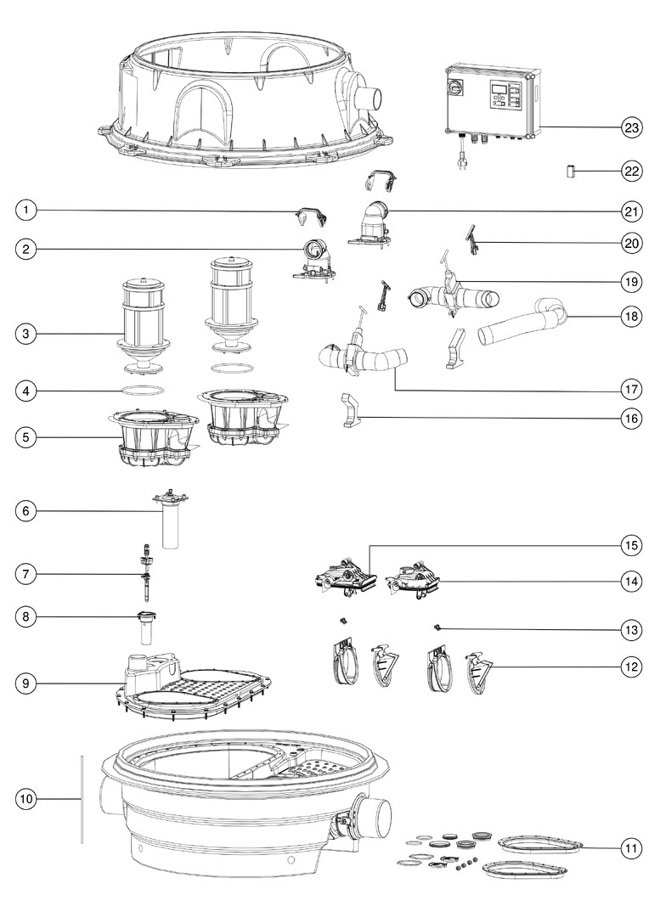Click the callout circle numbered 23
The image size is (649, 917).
[x=631, y=127]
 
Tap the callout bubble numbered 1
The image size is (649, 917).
[x=26, y=210]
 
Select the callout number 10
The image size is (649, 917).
[x=26, y=800]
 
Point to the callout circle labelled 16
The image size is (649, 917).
[x=631, y=418]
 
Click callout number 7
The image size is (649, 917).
[x=26, y=574]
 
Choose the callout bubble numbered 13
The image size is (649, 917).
[x=631, y=630]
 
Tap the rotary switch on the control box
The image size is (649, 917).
[x=455, y=87]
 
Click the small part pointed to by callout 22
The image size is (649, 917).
[x=571, y=172]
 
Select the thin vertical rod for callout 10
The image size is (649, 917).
[x=82, y=800]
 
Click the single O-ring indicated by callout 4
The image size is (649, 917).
[x=142, y=390]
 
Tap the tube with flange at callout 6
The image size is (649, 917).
[x=170, y=520]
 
